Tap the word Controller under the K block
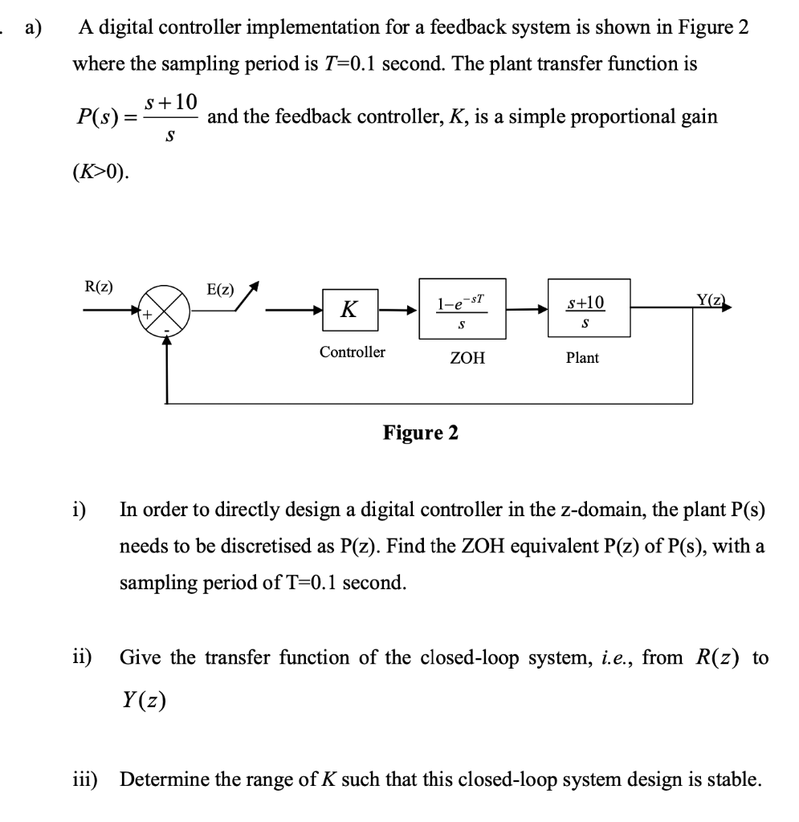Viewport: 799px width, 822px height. [x=352, y=352]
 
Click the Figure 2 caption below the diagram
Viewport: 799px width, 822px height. [x=421, y=433]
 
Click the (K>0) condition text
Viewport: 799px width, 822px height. [x=101, y=173]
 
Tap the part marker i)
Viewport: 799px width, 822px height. [x=80, y=509]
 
